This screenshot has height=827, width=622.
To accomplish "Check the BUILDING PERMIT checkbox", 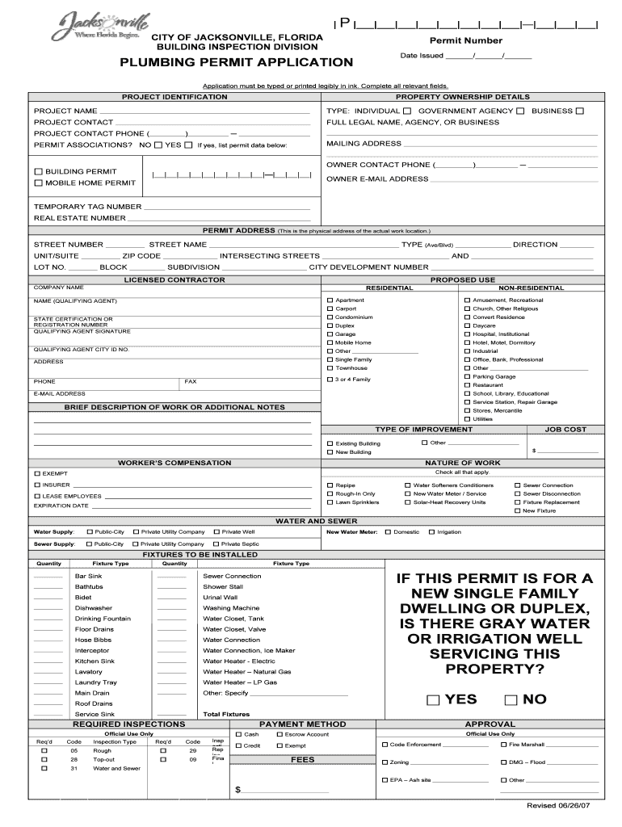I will (x=38, y=172).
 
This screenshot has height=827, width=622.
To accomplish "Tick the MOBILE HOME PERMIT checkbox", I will (x=38, y=183).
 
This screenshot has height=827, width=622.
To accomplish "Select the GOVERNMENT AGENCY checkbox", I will (x=520, y=111).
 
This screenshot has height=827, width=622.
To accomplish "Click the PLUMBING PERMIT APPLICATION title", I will (x=236, y=62).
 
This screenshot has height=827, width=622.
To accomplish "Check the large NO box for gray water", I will (x=511, y=699).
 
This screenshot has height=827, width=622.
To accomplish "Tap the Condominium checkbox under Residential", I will (x=330, y=317).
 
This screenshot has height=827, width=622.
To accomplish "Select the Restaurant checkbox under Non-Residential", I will (x=466, y=385).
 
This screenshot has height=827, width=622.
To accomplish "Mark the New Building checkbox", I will (x=330, y=452).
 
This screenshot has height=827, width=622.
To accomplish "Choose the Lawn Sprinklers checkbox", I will (x=330, y=502).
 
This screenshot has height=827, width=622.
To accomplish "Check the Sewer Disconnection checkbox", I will (x=517, y=493).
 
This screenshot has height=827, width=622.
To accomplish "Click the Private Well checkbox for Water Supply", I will (x=216, y=532).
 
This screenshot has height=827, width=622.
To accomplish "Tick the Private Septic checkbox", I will (x=216, y=544).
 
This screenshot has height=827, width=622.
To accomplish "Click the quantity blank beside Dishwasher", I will (x=48, y=608).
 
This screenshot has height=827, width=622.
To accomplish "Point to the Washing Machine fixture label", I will (x=231, y=608).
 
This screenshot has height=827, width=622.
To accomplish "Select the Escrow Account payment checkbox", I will (x=279, y=734).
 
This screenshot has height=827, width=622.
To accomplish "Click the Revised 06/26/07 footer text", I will (x=553, y=806).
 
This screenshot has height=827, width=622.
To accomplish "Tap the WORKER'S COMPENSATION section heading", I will (x=174, y=463).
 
